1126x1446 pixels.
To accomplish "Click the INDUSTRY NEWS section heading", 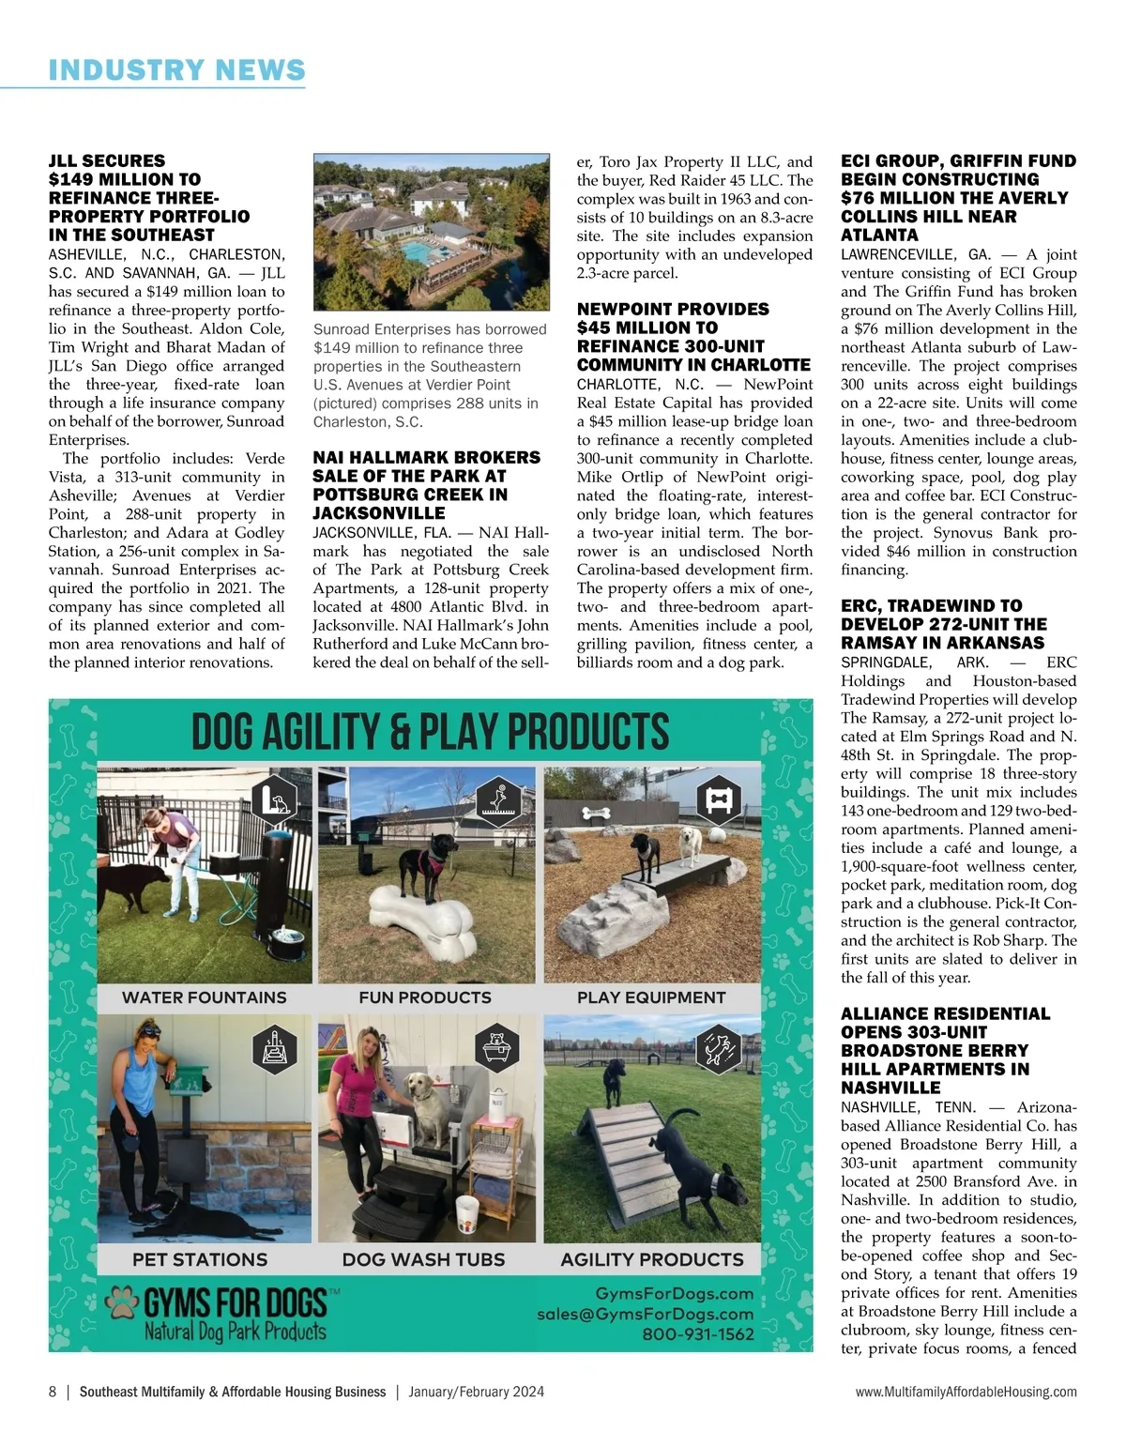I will point(176,69).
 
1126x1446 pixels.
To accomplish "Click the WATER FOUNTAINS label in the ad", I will point(205,997).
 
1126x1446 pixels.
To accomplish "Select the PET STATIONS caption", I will point(200,1259).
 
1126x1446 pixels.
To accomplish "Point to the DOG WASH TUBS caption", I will point(423,1259).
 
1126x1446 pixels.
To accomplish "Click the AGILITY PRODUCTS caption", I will point(651,1259).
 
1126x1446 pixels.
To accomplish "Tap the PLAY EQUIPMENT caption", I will point(651,997).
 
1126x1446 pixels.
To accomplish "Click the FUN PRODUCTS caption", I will point(425,997).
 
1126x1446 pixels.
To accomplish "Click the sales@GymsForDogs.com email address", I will point(645,1315).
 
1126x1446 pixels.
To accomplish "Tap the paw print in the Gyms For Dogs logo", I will point(121,1302).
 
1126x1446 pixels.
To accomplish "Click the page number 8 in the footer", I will point(53,1392).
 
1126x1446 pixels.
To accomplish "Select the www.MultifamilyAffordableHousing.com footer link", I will point(966,1392).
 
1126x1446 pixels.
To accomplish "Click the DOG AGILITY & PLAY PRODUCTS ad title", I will point(431,732).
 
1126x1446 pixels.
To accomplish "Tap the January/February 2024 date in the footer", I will point(476,1392).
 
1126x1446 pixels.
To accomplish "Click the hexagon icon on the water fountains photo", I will point(276,799).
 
